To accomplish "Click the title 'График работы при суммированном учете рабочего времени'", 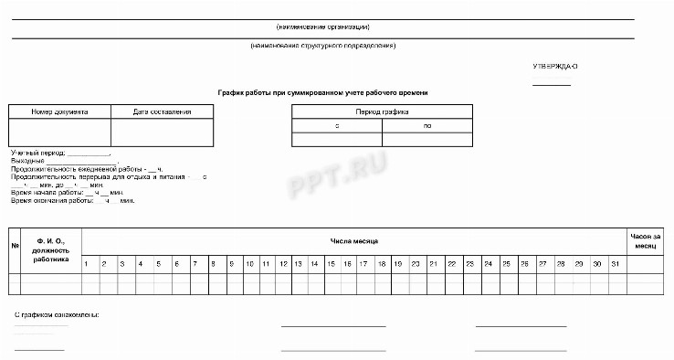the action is tap(323, 92).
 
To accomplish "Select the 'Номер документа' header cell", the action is tap(59, 111).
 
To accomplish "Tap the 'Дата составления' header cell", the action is tap(162, 111).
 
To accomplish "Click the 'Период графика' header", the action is tap(382, 111).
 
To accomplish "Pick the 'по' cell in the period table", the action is tap(427, 126).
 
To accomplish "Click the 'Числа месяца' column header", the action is tap(354, 240).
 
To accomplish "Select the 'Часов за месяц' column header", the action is tap(643, 240).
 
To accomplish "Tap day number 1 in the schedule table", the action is tap(86, 264).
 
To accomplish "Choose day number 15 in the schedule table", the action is tap(331, 264).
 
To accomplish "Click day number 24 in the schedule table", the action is tap(489, 264).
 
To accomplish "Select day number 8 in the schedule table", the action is tap(212, 264).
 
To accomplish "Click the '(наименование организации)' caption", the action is tap(323, 26).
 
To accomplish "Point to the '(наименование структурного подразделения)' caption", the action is tap(323, 46).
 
